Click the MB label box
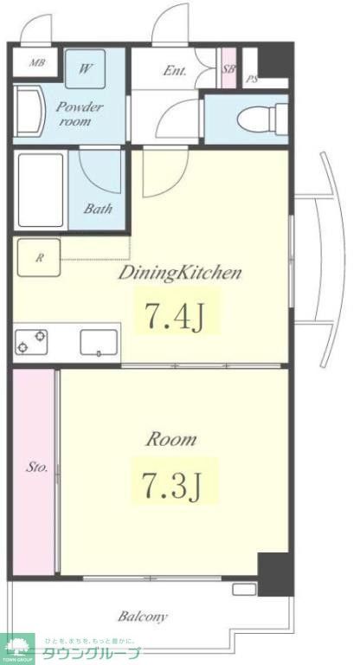tap(37, 63)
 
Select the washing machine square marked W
tap(86, 69)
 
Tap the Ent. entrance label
tap(174, 71)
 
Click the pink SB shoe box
tap(228, 69)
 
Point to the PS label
tap(252, 79)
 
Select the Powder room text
tap(80, 114)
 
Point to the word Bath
tap(96, 209)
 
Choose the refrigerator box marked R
tap(37, 257)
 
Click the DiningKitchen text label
tap(179, 274)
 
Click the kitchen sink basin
tap(100, 343)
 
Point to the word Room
tap(170, 439)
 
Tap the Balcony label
tap(143, 617)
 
